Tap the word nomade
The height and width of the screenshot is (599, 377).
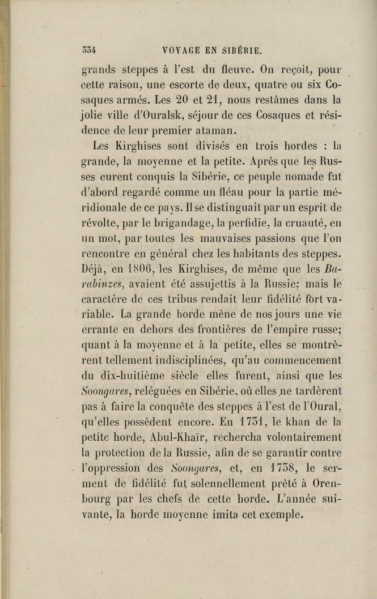tap(283, 175)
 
